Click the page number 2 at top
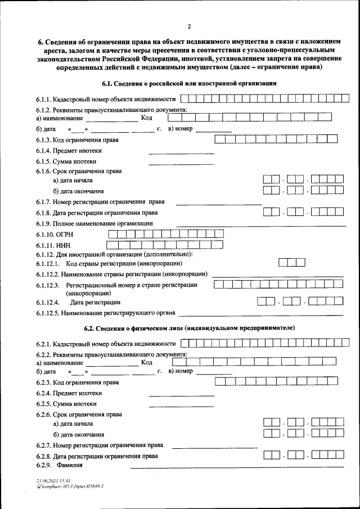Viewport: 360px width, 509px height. tap(190, 26)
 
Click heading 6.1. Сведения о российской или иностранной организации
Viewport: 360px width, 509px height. tap(189, 84)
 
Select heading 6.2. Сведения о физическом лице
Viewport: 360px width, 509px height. tap(189, 328)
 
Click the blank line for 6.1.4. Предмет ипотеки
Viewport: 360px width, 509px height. tap(181, 152)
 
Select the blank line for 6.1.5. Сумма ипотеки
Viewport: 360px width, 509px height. tap(181, 164)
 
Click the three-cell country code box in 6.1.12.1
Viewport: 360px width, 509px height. tap(292, 263)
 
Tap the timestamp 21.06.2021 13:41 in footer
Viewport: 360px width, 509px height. tap(53, 481)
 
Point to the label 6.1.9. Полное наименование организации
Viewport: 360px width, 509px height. tap(94, 223)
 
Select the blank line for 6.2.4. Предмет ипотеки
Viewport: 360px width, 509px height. tap(181, 395)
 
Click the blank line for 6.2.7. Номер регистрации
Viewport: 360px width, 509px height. tap(214, 447)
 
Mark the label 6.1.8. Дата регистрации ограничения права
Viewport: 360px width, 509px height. tap(97, 213)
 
